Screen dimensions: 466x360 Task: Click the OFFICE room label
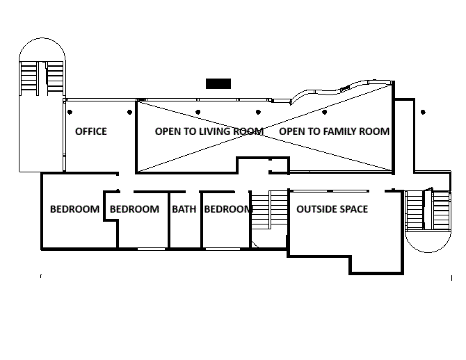point(91,131)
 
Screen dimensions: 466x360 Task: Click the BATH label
point(184,209)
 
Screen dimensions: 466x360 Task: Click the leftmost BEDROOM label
point(74,209)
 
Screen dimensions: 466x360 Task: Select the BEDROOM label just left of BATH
point(134,209)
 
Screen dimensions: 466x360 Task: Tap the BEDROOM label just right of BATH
point(228,209)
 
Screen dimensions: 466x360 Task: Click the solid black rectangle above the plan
point(218,84)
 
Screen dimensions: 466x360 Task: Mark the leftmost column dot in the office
point(70,112)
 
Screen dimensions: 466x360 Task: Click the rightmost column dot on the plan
point(423,112)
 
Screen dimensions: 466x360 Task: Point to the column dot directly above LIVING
point(198,112)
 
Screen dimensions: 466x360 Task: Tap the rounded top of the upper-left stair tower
point(42,38)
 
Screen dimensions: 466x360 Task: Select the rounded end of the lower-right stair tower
point(428,252)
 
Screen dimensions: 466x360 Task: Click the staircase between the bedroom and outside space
point(270,210)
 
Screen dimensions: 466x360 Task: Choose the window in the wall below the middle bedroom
point(151,249)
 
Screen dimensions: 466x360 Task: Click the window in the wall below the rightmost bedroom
point(223,249)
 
